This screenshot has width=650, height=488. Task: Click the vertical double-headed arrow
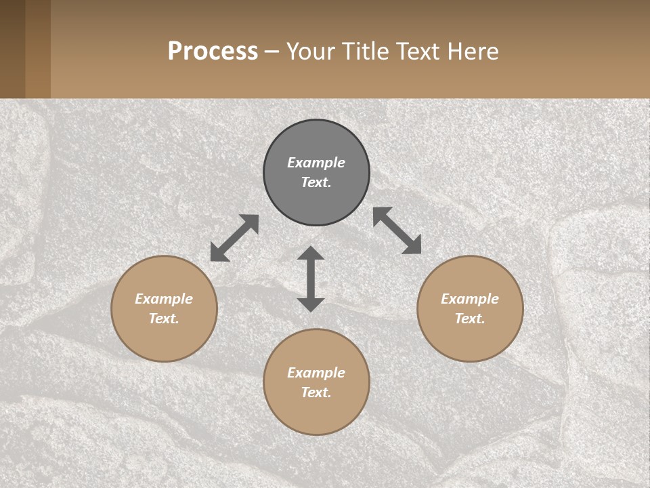click(311, 279)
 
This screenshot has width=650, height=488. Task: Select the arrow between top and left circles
click(234, 238)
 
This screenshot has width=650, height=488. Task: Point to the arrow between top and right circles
click(397, 230)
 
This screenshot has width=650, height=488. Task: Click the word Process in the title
click(213, 52)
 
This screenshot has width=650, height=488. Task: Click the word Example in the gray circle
click(316, 163)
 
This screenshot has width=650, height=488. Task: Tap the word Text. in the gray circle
click(316, 182)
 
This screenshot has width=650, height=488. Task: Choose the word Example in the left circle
click(164, 299)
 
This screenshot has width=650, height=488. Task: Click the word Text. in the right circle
click(470, 319)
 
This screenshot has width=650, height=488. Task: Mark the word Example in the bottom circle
click(316, 373)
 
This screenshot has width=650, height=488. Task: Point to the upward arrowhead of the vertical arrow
click(311, 253)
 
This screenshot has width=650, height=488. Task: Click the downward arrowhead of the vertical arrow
click(311, 304)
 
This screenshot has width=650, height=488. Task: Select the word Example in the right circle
click(470, 299)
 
